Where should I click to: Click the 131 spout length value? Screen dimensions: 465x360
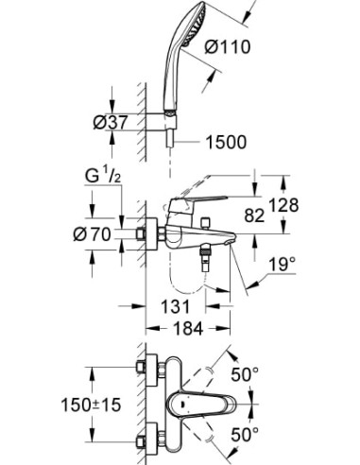click(x=176, y=305)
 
